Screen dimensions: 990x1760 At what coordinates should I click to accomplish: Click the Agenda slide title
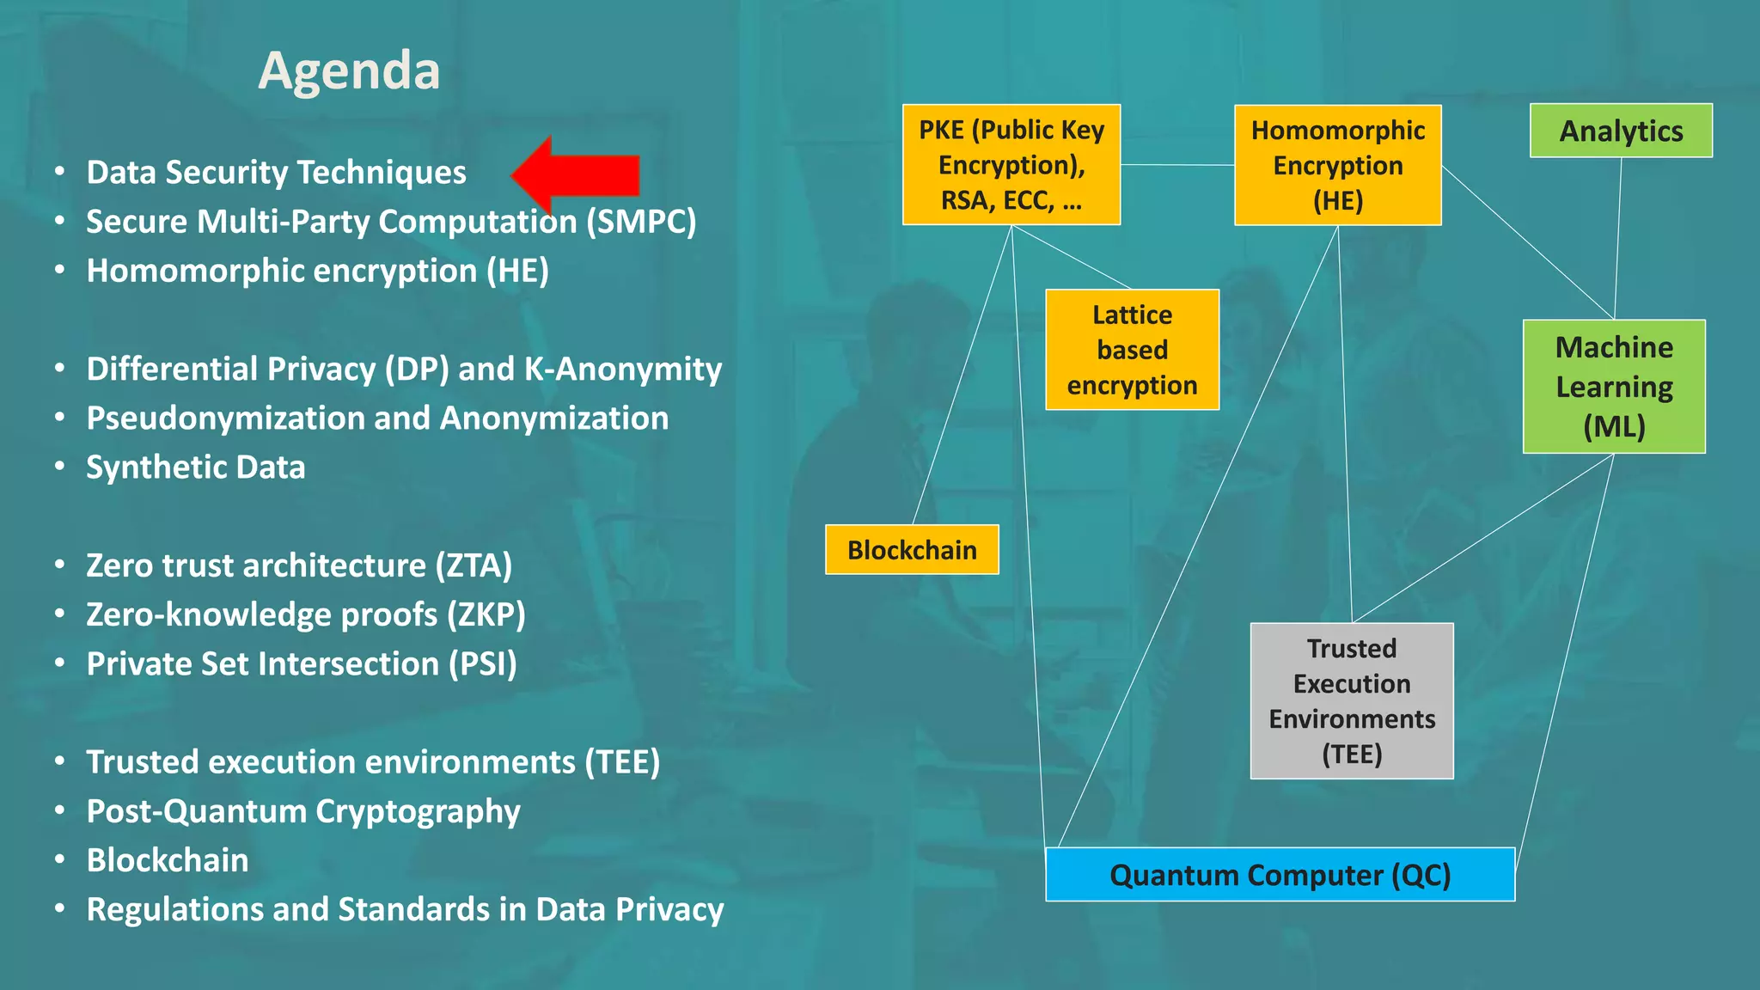349,70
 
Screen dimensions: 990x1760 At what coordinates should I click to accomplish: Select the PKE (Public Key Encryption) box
1011,164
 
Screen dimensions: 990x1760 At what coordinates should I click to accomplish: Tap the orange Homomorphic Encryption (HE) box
1337,165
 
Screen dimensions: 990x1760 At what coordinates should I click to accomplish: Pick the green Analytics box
1621,131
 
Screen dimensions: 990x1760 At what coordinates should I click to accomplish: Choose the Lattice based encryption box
1132,350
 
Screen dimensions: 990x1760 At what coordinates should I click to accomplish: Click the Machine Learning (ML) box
1614,387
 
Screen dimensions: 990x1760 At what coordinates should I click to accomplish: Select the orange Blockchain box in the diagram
912,550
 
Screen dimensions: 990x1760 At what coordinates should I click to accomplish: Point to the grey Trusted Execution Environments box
1352,700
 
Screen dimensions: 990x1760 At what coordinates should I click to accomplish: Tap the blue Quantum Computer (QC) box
1280,875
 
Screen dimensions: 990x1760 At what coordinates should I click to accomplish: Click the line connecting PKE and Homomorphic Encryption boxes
1177,164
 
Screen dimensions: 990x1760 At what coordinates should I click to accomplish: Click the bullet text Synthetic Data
196,467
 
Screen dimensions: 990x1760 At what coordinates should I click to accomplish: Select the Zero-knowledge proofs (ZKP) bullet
306,615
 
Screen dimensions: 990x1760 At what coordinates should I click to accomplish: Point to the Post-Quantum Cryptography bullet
303,812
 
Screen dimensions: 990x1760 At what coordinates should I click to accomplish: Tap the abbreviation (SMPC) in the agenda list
641,222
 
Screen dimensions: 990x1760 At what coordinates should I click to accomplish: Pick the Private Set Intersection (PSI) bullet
302,664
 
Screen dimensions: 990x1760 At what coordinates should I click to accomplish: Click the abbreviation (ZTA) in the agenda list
474,566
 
